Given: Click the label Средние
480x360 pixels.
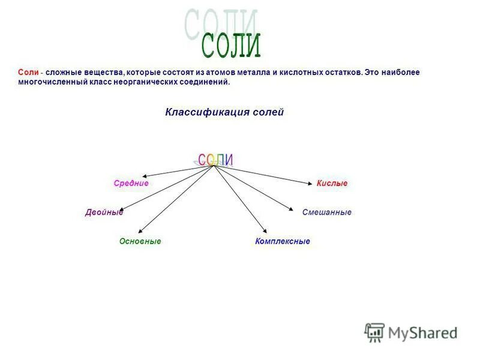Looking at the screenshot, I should [x=131, y=183].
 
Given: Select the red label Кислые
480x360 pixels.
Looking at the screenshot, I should [x=332, y=183].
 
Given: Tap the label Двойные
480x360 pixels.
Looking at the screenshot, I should [x=104, y=212].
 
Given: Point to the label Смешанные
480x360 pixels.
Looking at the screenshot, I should [x=326, y=212].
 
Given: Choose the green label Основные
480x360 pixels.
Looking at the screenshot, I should [x=140, y=241].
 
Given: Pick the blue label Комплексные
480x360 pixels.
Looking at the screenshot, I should [x=282, y=241].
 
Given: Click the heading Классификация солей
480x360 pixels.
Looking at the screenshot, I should [x=224, y=112].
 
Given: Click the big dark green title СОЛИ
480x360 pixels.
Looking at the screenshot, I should [x=231, y=45].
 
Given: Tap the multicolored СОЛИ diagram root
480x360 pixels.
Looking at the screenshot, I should [x=214, y=160].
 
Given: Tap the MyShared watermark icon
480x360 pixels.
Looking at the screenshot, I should [x=374, y=332].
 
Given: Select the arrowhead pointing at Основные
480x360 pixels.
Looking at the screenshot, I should [x=139, y=232].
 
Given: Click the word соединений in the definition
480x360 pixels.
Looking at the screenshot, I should [x=207, y=82].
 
